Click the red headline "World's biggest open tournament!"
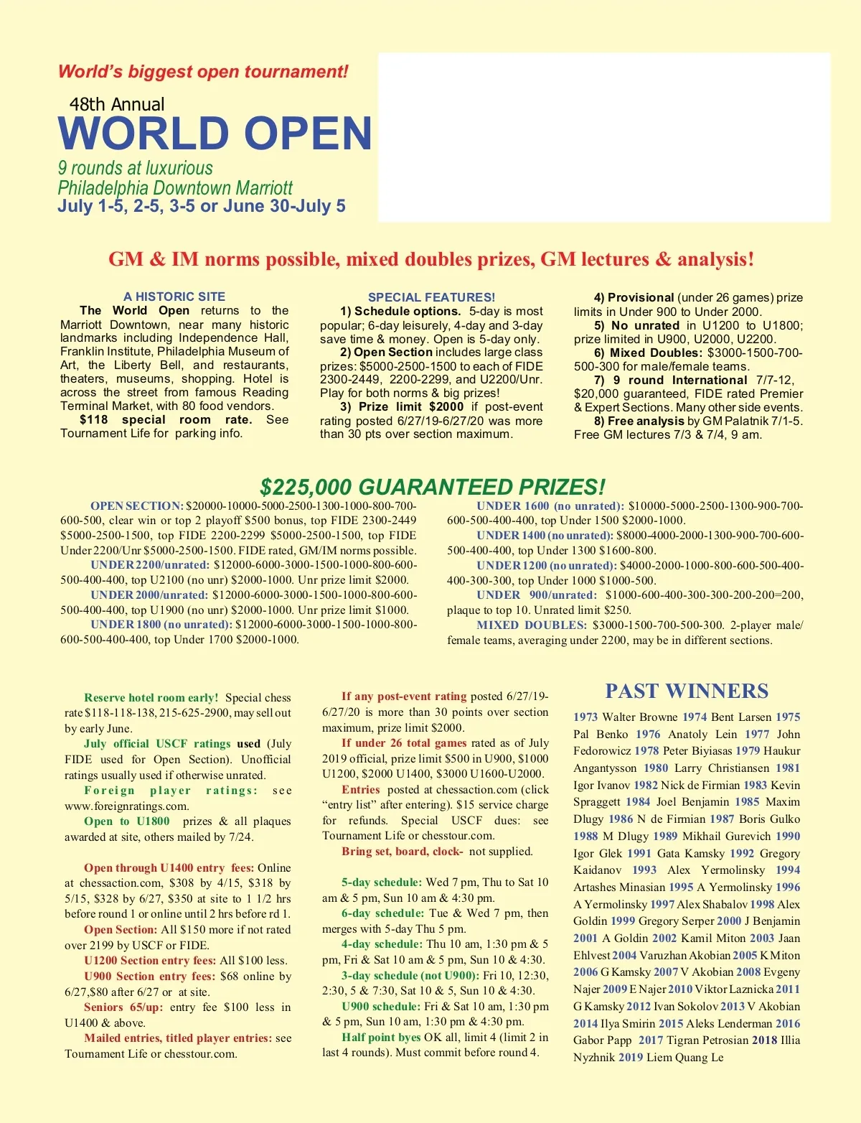[203, 72]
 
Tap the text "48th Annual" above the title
[117, 104]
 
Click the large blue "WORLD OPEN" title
[215, 134]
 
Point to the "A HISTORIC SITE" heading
[174, 297]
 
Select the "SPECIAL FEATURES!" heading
[431, 297]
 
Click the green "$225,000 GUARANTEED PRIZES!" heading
[432, 488]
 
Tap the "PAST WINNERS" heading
[687, 691]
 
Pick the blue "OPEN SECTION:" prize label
[136, 505]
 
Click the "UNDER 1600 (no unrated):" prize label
[550, 505]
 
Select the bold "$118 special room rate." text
[166, 419]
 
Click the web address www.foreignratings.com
[126, 806]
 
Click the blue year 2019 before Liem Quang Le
[630, 1057]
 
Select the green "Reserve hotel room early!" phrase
[151, 697]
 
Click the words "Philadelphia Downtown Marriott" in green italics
[175, 188]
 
